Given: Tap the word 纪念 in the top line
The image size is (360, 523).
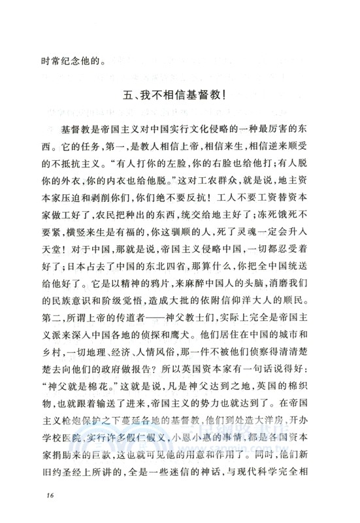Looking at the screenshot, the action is (x=60, y=63).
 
